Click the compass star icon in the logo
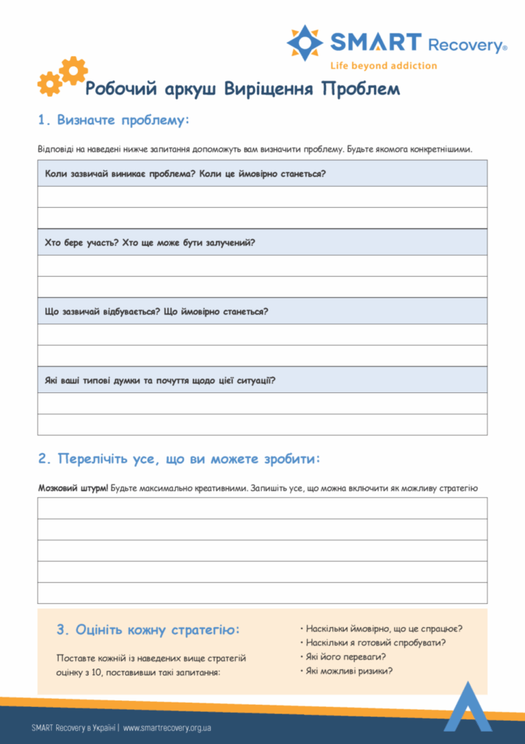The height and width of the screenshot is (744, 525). point(305,42)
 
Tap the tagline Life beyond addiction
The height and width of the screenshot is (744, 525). point(383,65)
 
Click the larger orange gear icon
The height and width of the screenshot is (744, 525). point(73,70)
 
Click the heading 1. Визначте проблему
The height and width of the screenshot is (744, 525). point(113,120)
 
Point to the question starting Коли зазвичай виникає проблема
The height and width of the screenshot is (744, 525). point(185,174)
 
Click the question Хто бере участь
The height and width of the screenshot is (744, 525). point(150,243)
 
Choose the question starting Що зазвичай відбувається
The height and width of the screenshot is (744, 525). point(156,311)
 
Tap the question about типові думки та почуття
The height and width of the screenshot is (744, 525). point(160,380)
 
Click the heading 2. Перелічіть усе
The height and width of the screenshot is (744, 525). point(179,459)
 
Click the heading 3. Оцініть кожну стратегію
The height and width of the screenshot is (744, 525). point(148,629)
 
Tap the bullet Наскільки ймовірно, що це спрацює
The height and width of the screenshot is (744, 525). point(385,629)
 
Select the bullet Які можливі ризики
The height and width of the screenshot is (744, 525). point(349,671)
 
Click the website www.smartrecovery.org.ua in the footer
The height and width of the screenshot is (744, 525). point(167,727)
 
